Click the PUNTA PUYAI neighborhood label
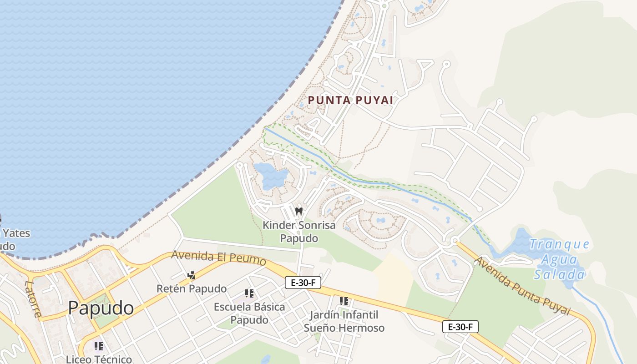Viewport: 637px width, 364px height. [350, 100]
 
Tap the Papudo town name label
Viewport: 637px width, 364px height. [101, 308]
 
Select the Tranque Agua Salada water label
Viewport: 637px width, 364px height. [559, 259]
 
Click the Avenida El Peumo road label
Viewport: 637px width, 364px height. [218, 258]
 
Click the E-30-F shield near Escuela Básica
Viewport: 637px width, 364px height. [303, 283]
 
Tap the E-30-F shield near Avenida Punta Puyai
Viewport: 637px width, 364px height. [460, 327]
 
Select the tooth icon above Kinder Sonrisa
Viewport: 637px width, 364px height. [299, 211]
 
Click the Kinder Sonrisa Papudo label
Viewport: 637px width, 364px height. [299, 232]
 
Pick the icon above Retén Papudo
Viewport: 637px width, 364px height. [192, 275]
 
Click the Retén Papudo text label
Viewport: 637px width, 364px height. [192, 288]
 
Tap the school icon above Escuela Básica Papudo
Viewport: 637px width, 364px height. [249, 293]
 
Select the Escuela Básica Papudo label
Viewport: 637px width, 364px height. [249, 313]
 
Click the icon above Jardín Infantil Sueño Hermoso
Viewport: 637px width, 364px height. [344, 301]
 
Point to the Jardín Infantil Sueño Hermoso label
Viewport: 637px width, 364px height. [344, 321]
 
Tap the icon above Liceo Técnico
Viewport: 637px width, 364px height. [99, 346]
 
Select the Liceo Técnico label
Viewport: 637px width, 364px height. [99, 359]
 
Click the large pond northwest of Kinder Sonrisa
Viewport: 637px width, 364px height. [270, 176]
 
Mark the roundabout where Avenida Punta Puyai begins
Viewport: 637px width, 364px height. [454, 241]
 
